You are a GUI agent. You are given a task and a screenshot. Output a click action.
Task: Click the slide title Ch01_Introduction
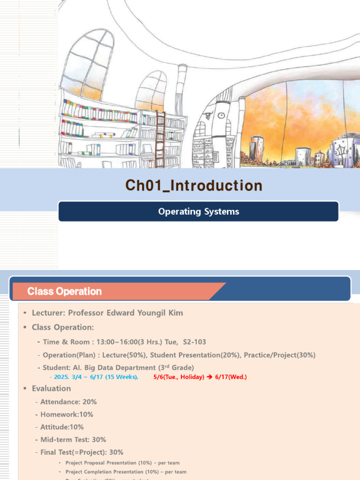click(194, 186)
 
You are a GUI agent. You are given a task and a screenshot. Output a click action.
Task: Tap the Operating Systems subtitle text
click(198, 211)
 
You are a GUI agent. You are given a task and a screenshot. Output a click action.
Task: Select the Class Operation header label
click(65, 291)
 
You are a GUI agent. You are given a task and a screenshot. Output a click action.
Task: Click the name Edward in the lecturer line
click(123, 313)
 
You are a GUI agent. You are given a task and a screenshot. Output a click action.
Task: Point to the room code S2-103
click(195, 342)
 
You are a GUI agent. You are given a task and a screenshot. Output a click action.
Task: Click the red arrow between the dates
click(210, 377)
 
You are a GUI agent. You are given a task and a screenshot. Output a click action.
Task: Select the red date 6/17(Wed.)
click(231, 377)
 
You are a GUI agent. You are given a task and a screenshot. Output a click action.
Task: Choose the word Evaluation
click(52, 388)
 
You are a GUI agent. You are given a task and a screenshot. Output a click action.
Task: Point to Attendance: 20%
click(68, 402)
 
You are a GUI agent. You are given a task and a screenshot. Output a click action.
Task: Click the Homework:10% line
click(67, 414)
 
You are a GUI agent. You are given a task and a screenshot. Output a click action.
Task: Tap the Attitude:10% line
click(62, 427)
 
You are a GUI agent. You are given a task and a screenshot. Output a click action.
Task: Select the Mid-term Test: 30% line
click(73, 440)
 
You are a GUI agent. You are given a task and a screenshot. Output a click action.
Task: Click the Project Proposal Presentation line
click(122, 463)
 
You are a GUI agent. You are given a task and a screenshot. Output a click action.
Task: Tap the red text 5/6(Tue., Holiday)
click(179, 377)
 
